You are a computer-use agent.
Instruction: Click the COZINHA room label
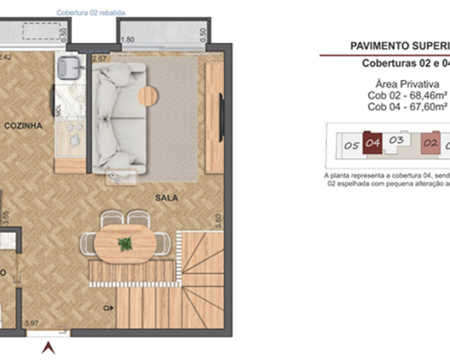23,126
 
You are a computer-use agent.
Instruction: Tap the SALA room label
166,198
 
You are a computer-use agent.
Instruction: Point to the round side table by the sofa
148,95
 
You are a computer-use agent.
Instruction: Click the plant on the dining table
125,244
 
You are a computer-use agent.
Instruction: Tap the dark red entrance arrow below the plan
48,348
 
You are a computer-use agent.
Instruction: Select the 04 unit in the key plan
373,144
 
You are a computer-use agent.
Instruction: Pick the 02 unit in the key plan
431,144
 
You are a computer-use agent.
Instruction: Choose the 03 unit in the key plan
396,140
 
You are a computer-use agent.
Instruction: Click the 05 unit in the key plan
351,146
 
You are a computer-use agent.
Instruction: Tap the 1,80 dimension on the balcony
128,40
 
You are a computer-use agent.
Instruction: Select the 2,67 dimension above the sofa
99,58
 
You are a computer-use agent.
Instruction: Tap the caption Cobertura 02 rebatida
91,13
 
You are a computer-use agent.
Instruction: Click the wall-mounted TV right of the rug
221,117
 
